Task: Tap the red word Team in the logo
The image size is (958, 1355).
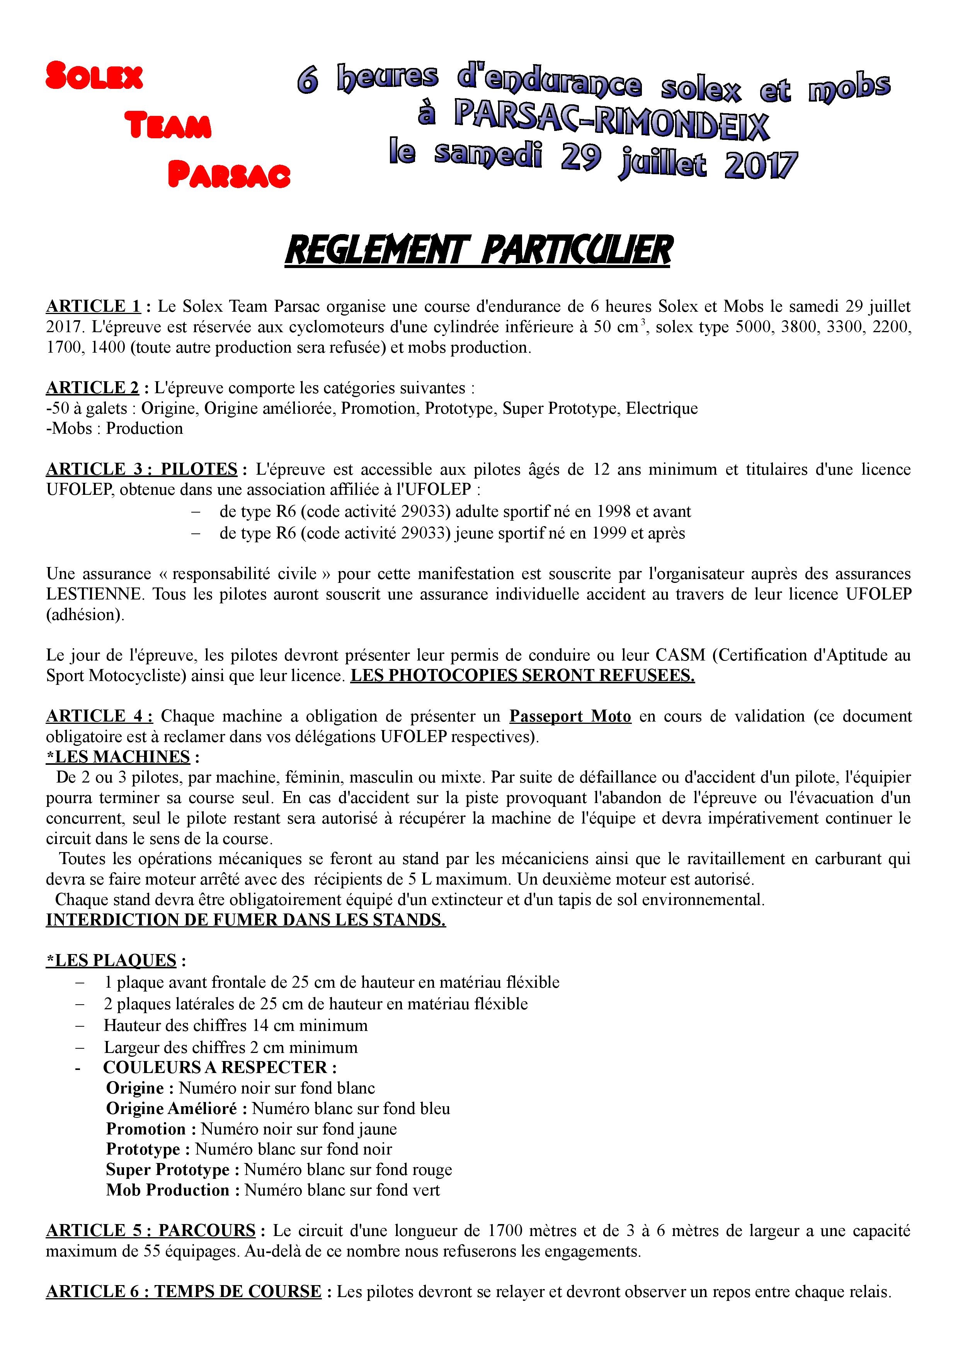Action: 168,125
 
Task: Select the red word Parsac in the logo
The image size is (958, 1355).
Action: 229,174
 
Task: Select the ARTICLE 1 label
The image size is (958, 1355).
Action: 93,306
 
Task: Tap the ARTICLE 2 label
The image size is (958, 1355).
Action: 93,388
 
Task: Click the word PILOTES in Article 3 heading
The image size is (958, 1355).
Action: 199,469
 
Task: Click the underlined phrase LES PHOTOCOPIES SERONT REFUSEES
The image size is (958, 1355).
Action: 522,675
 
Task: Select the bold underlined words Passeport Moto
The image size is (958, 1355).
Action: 570,717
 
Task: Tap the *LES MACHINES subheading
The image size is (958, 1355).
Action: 118,757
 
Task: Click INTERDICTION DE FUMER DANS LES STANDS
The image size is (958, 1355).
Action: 245,920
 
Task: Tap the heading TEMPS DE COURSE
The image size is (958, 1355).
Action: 238,1292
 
